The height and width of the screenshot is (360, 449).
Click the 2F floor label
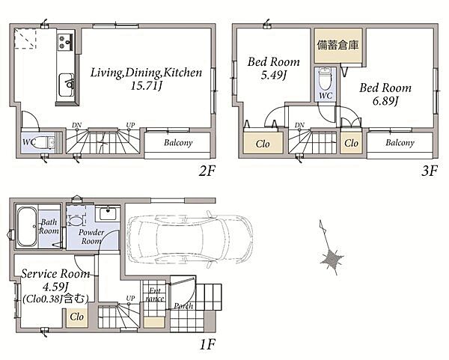coord(207,171)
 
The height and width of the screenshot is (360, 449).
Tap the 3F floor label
coord(430,171)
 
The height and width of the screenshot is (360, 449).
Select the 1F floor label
coord(207,344)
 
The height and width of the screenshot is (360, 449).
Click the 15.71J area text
coord(147,86)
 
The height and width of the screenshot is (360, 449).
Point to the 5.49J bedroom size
coord(274,75)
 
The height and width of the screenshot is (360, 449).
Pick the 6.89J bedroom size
coord(385,101)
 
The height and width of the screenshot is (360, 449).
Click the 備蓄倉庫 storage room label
coord(338,45)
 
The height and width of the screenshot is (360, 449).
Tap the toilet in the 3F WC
coord(326,79)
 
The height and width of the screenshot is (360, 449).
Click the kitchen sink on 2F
coord(66,85)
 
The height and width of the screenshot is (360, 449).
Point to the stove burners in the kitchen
coord(66,42)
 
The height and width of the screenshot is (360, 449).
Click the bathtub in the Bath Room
coord(27,227)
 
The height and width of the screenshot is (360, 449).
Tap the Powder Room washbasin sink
coord(108,213)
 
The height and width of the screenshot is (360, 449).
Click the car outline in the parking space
coord(189,237)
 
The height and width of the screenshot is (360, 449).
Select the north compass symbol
coord(331,249)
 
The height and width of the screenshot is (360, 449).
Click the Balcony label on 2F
coord(178,143)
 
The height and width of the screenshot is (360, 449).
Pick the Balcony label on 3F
coord(400,143)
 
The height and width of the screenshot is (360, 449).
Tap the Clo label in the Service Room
coord(76,317)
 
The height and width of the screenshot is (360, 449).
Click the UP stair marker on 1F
coord(130,298)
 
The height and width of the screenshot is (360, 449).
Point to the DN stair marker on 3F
coord(299,125)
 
